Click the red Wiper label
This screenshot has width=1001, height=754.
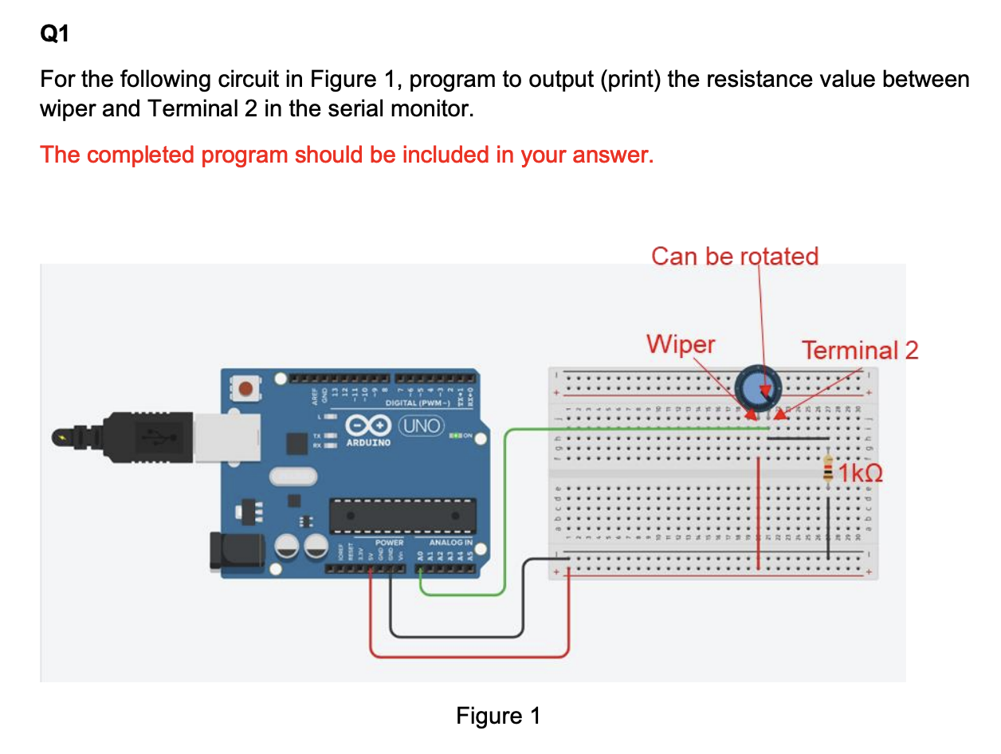[x=681, y=344]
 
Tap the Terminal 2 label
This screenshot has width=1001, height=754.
[x=860, y=350]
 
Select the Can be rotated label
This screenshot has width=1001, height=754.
[x=735, y=256]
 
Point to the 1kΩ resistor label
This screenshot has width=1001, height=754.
[x=861, y=473]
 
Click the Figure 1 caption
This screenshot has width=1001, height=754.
[x=498, y=716]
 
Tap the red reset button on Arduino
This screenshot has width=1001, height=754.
[x=248, y=390]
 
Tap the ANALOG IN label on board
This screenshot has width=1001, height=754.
[x=450, y=543]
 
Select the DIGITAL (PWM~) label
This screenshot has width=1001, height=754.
[x=418, y=403]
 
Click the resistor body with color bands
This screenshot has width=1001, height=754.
[x=829, y=469]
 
